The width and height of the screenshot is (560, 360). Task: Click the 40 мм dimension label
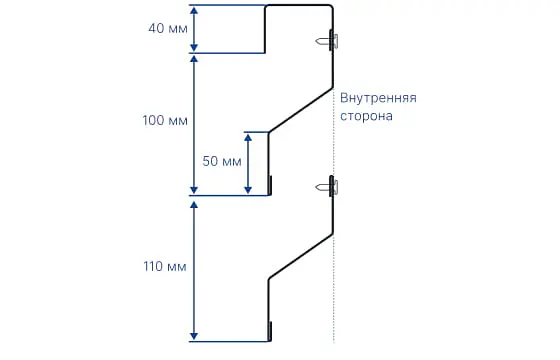point(168,28)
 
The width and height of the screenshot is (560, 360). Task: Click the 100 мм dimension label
point(165,120)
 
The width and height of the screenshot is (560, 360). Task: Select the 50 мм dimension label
point(222,161)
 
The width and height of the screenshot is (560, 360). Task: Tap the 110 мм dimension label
point(165,266)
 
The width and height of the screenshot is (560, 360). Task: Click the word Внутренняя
point(378,98)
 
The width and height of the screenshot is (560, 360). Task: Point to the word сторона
point(366,116)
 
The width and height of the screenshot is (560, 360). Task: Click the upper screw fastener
point(327,41)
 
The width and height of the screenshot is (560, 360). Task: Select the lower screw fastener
point(327,186)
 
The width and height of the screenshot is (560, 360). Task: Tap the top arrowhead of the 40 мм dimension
point(194,10)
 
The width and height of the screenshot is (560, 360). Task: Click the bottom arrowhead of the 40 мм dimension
point(194,48)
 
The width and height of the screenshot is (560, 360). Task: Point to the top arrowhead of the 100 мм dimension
point(194,59)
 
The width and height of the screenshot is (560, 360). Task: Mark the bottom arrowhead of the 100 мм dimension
point(194,190)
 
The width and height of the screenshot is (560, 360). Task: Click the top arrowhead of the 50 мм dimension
point(248,137)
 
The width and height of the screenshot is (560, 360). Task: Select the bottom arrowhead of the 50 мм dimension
point(248,190)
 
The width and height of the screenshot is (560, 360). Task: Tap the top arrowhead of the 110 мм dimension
point(194,205)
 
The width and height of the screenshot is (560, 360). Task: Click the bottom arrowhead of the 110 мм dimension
point(194,336)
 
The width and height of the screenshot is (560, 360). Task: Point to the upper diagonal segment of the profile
point(301,110)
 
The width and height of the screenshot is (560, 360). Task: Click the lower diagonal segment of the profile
point(301,256)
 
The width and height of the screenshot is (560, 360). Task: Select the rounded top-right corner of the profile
point(330,7)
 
